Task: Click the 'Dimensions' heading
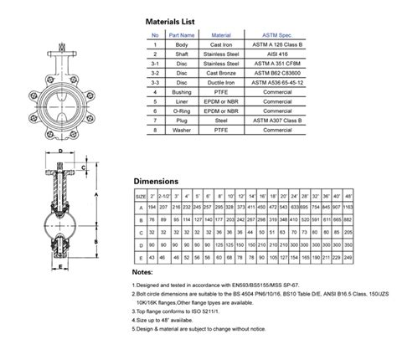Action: click(x=157, y=179)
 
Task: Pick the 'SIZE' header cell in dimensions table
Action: click(x=142, y=193)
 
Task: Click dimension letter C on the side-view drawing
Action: click(x=85, y=167)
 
